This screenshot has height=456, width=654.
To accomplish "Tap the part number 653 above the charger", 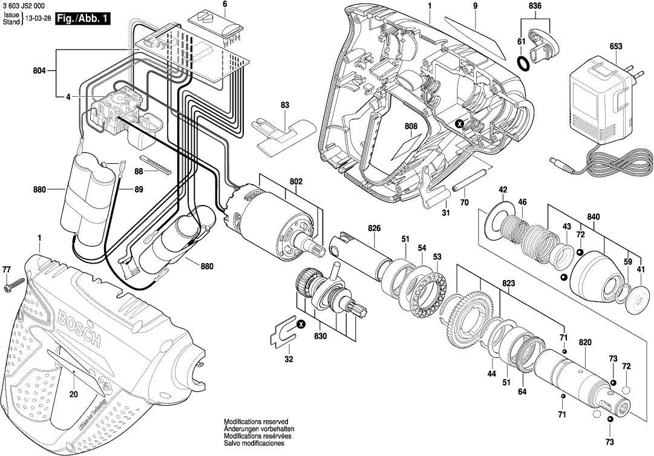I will pyautogui.click(x=616, y=46).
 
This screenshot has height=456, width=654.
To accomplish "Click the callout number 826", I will pyautogui.click(x=374, y=228).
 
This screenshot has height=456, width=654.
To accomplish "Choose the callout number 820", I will pyautogui.click(x=584, y=342).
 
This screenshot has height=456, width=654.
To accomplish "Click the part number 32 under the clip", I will pyautogui.click(x=289, y=359).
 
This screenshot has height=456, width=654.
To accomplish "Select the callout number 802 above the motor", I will pyautogui.click(x=296, y=180).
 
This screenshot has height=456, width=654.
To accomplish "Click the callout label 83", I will pyautogui.click(x=284, y=105).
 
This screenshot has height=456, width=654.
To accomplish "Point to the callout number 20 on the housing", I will pyautogui.click(x=74, y=394).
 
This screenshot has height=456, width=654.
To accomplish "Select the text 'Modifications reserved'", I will pyautogui.click(x=256, y=421).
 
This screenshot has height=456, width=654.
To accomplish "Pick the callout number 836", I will pyautogui.click(x=535, y=6).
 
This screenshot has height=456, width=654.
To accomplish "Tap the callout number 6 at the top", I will pyautogui.click(x=224, y=5).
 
